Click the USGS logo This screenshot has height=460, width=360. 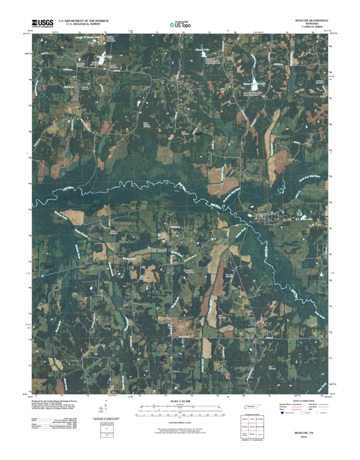click(x=43, y=23)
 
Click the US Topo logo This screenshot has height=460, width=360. click(x=180, y=24)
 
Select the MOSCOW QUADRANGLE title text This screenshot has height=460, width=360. click(x=312, y=21)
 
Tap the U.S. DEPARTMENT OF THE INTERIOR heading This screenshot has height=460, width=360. click(x=83, y=21)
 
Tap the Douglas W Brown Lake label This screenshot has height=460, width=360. click(x=87, y=36)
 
